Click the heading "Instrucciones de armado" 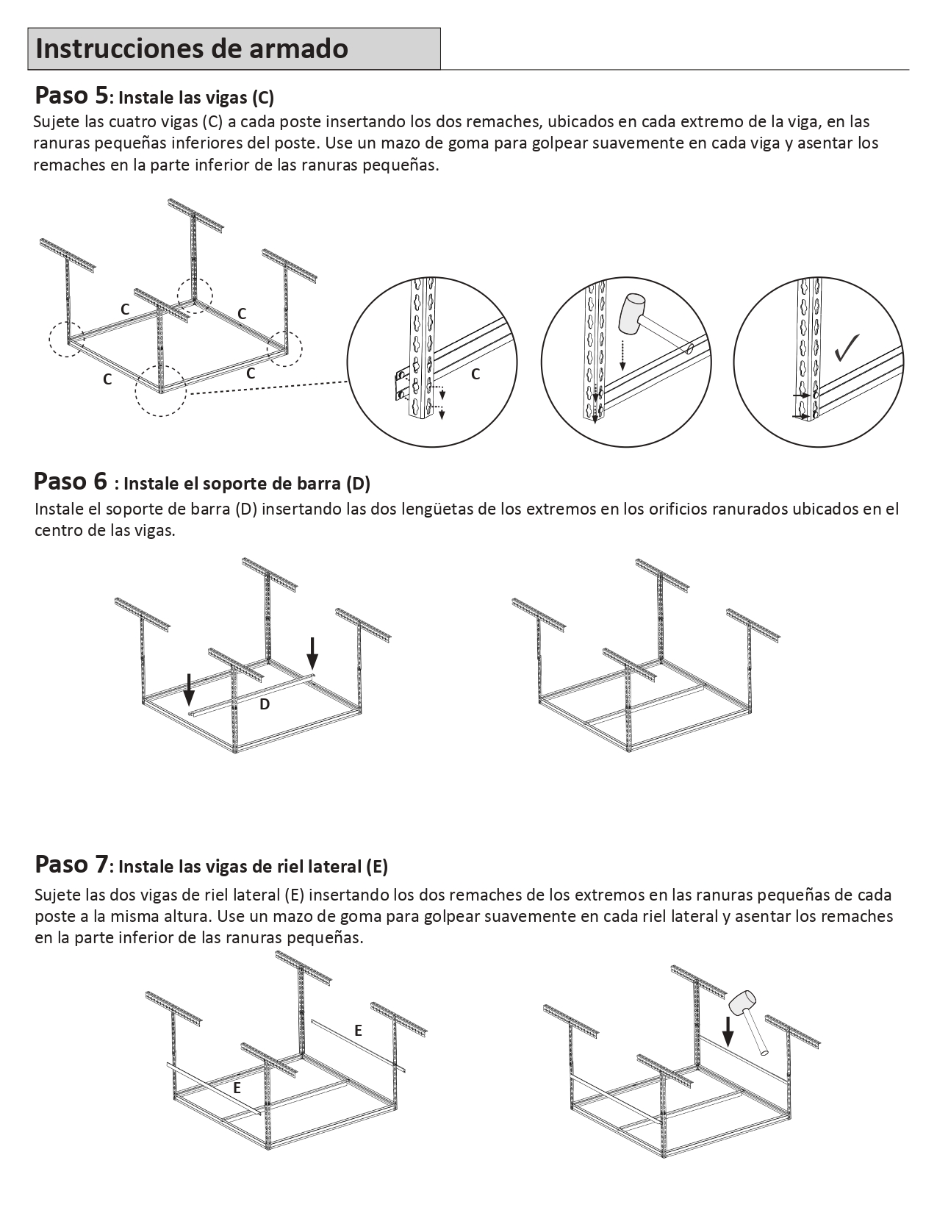click(x=192, y=49)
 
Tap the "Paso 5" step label click(x=71, y=96)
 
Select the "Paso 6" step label click(x=71, y=482)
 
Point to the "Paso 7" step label click(x=71, y=865)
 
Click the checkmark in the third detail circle click(x=847, y=348)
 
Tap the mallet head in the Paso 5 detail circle click(x=633, y=312)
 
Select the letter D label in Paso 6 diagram click(x=265, y=704)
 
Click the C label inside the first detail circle click(x=475, y=374)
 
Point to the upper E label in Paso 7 click(x=358, y=1031)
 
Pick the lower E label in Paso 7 click(x=237, y=1089)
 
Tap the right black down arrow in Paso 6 click(x=312, y=653)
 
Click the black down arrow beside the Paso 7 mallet click(x=728, y=1031)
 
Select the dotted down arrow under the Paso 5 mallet click(x=622, y=354)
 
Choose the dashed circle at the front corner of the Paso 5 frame click(x=160, y=390)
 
